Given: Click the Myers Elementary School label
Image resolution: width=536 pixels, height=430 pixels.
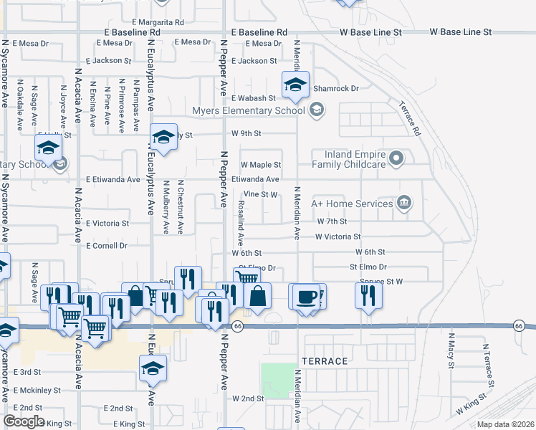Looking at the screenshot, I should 248,110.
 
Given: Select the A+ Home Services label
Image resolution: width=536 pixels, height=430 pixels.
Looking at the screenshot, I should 352,204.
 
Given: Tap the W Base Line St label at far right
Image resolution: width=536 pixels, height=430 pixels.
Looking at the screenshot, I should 461,32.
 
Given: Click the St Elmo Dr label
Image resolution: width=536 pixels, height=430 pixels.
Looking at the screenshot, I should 368,267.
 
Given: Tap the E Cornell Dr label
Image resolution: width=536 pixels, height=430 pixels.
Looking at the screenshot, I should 106,245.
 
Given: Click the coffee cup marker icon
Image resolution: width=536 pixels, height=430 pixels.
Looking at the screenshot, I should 306,296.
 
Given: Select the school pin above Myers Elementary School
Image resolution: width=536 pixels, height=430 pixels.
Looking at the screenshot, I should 295,85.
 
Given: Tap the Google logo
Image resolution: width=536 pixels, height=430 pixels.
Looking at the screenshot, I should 24,421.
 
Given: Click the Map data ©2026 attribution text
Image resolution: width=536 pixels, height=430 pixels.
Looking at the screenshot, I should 505,424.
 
